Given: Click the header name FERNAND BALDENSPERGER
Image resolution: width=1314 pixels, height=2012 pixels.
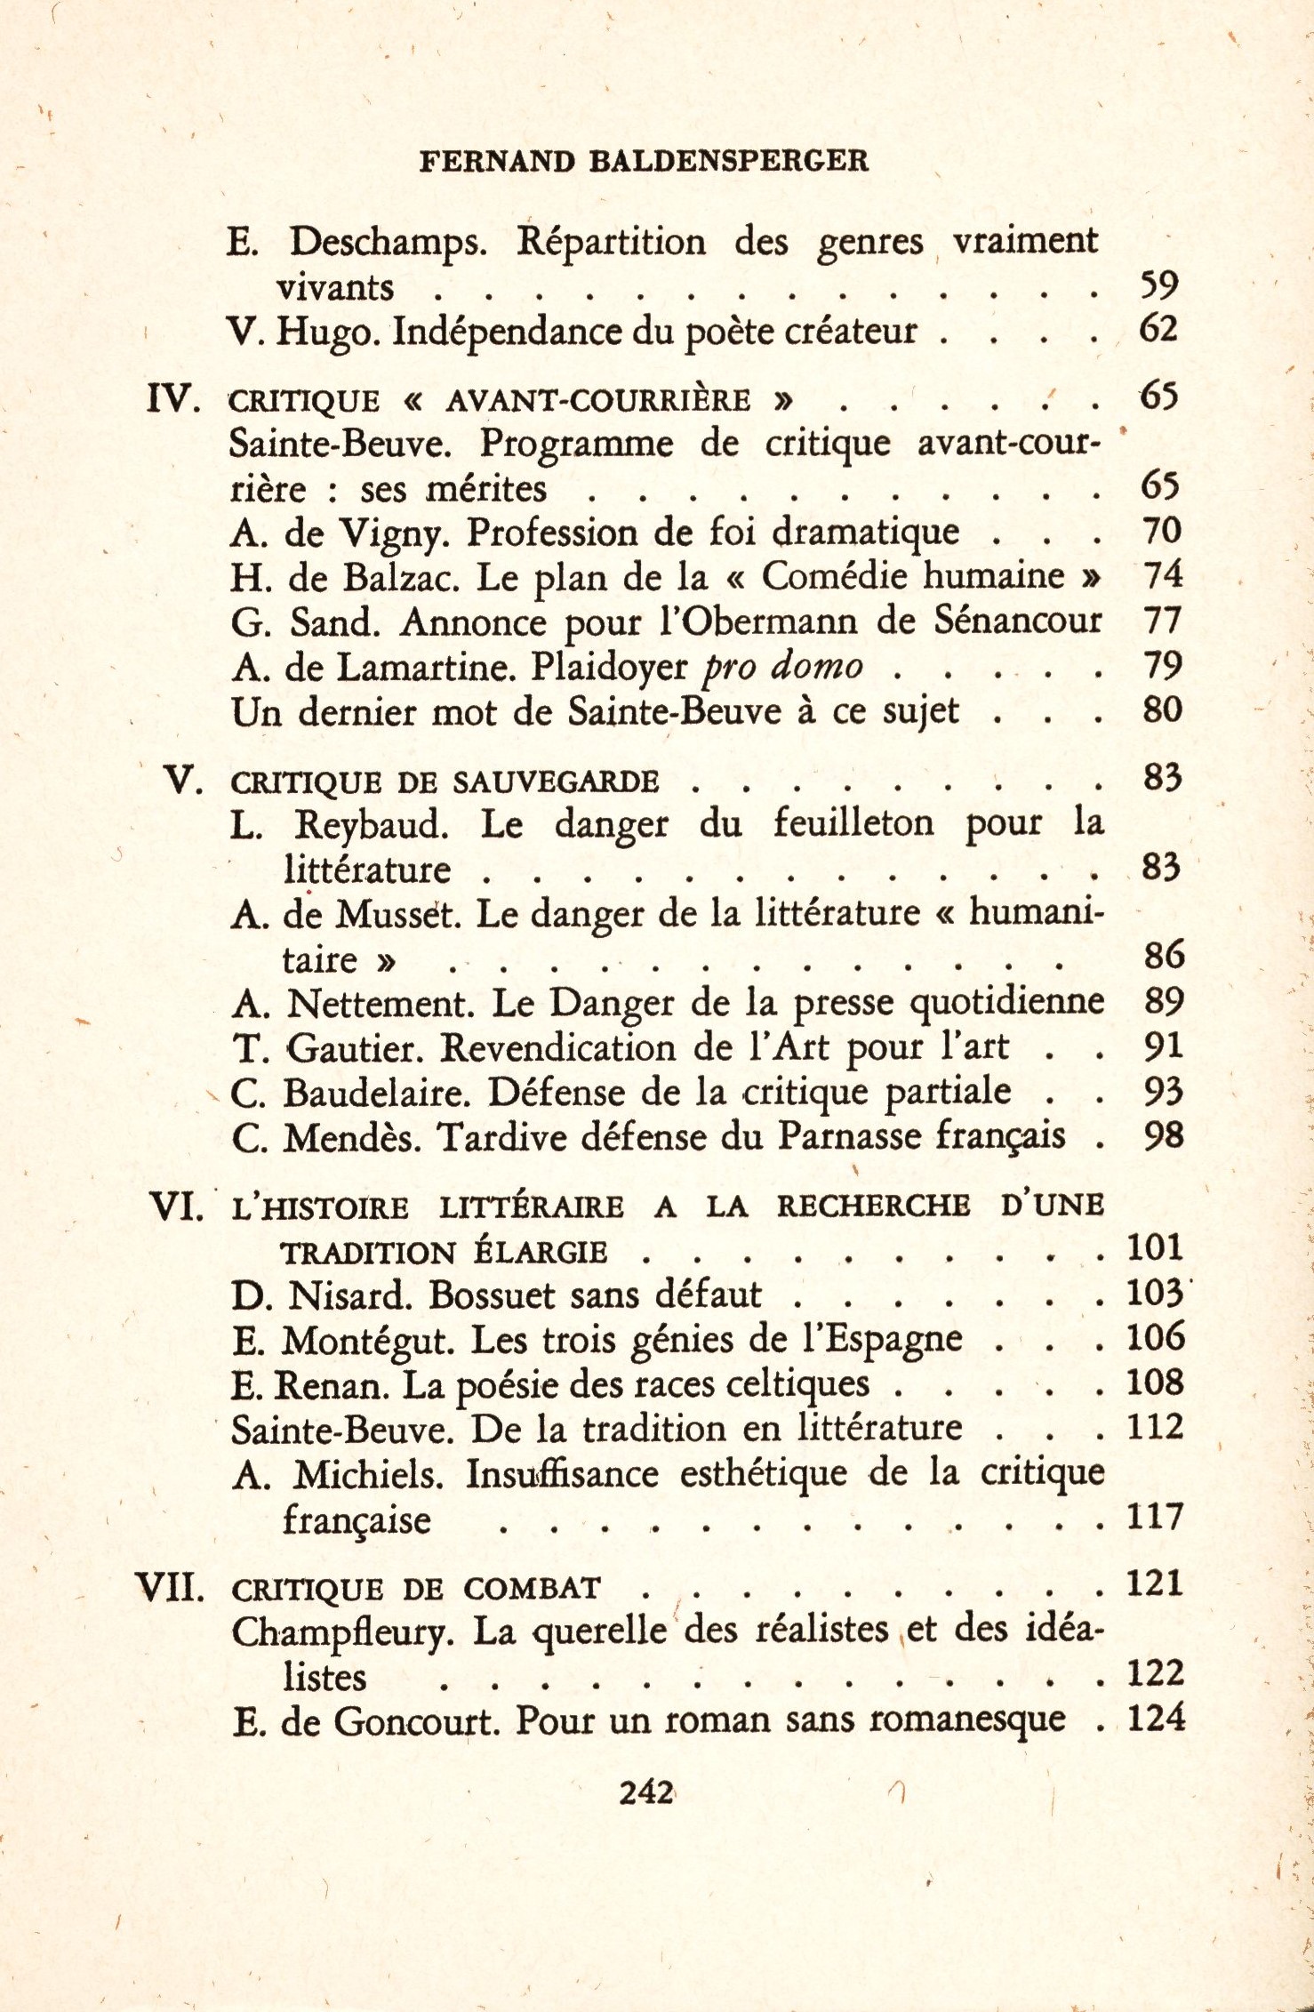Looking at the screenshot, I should coord(644,161).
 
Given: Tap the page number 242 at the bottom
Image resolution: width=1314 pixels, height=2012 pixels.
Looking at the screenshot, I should coord(646,1792).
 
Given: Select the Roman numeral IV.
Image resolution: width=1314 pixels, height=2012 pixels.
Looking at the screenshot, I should coord(173,399).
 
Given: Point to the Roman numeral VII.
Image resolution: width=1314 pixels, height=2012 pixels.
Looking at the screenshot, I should coord(170,1587).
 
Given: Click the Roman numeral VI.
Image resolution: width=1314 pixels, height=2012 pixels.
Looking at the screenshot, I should coord(177,1206).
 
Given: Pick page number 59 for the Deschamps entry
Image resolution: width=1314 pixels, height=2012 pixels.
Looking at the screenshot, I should coord(1158,285).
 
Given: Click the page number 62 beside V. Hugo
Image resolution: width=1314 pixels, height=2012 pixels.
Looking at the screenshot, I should coord(1158,329).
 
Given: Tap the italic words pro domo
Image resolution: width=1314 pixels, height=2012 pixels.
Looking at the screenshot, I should coord(782,666).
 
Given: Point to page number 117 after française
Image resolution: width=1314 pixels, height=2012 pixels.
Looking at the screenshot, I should coord(1155,1516).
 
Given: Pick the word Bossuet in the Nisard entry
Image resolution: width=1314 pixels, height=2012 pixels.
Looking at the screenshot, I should coord(493,1295).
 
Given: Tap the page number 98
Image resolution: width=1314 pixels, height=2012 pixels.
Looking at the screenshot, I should coord(1163,1135).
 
